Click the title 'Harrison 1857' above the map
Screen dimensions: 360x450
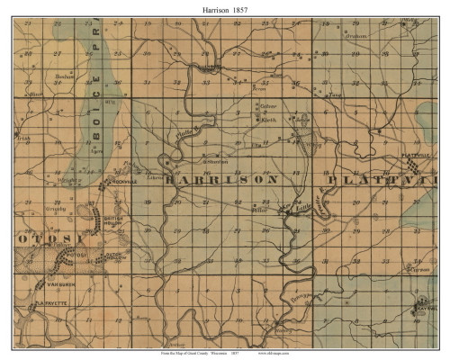[225, 8]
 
